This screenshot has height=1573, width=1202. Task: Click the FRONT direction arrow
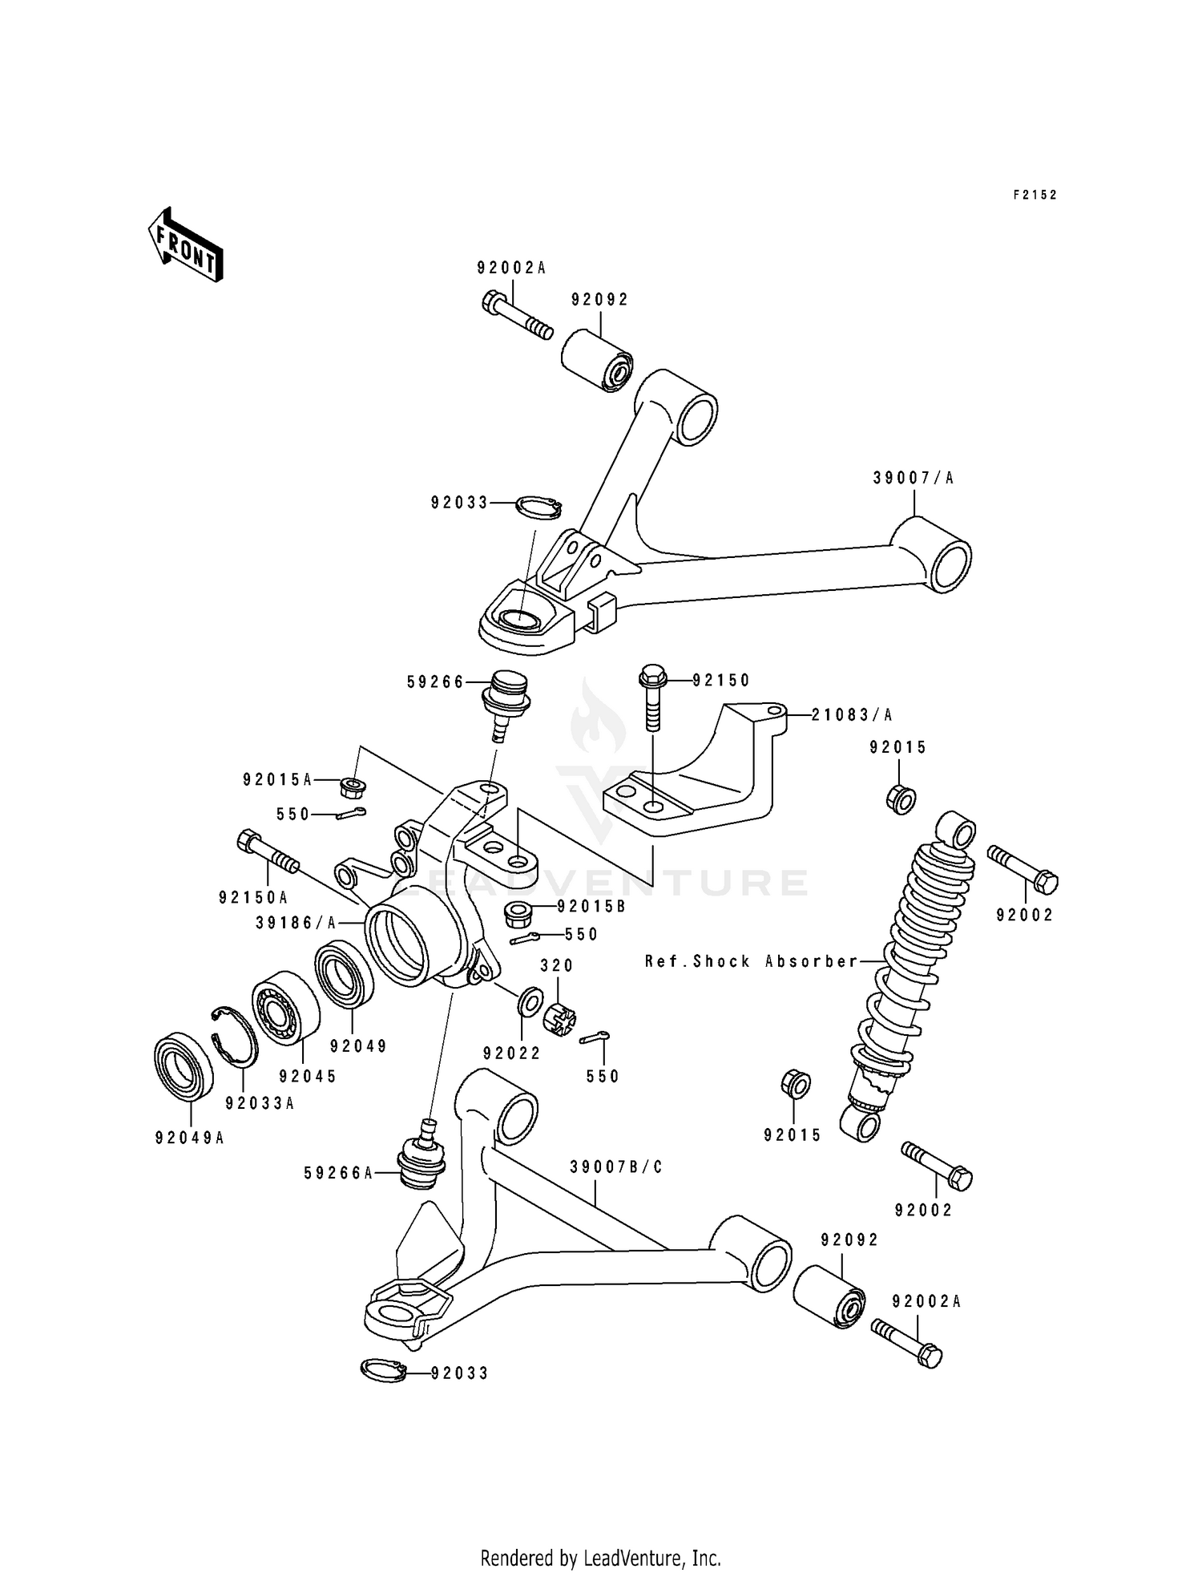(x=184, y=244)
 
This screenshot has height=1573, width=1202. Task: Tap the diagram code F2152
(x=1035, y=195)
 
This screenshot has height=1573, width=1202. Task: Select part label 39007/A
(x=914, y=479)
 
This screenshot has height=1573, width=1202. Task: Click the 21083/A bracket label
(x=852, y=714)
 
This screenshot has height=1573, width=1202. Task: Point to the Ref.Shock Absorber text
(x=752, y=961)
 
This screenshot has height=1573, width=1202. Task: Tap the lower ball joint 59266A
(x=422, y=1160)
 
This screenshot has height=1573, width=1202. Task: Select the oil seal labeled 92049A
(x=184, y=1066)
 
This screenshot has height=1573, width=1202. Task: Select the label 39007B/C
(x=616, y=1167)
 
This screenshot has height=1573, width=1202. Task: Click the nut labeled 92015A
(x=353, y=787)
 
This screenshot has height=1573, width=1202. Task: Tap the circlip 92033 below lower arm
(x=382, y=1372)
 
